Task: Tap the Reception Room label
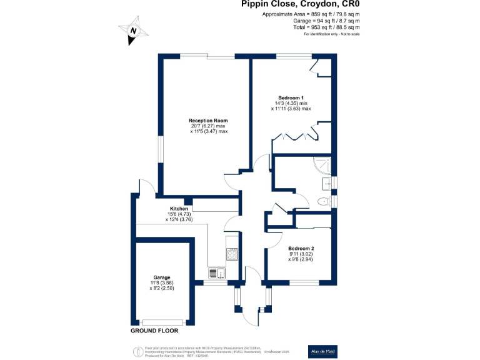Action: click(x=208, y=120)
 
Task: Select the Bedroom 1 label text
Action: click(x=291, y=97)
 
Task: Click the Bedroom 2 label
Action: click(x=301, y=248)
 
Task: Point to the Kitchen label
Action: click(x=179, y=209)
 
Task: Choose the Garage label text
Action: click(x=162, y=277)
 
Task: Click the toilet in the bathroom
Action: click(x=323, y=202)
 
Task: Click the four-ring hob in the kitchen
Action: click(x=232, y=254)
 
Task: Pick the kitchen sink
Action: click(x=214, y=272)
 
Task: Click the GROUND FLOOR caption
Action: click(x=154, y=330)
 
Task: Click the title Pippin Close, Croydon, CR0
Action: click(x=301, y=5)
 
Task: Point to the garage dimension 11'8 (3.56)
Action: click(x=162, y=282)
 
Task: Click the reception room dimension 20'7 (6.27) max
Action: click(x=208, y=126)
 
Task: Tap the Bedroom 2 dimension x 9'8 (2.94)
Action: click(x=301, y=259)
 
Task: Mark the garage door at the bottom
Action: click(x=162, y=322)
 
